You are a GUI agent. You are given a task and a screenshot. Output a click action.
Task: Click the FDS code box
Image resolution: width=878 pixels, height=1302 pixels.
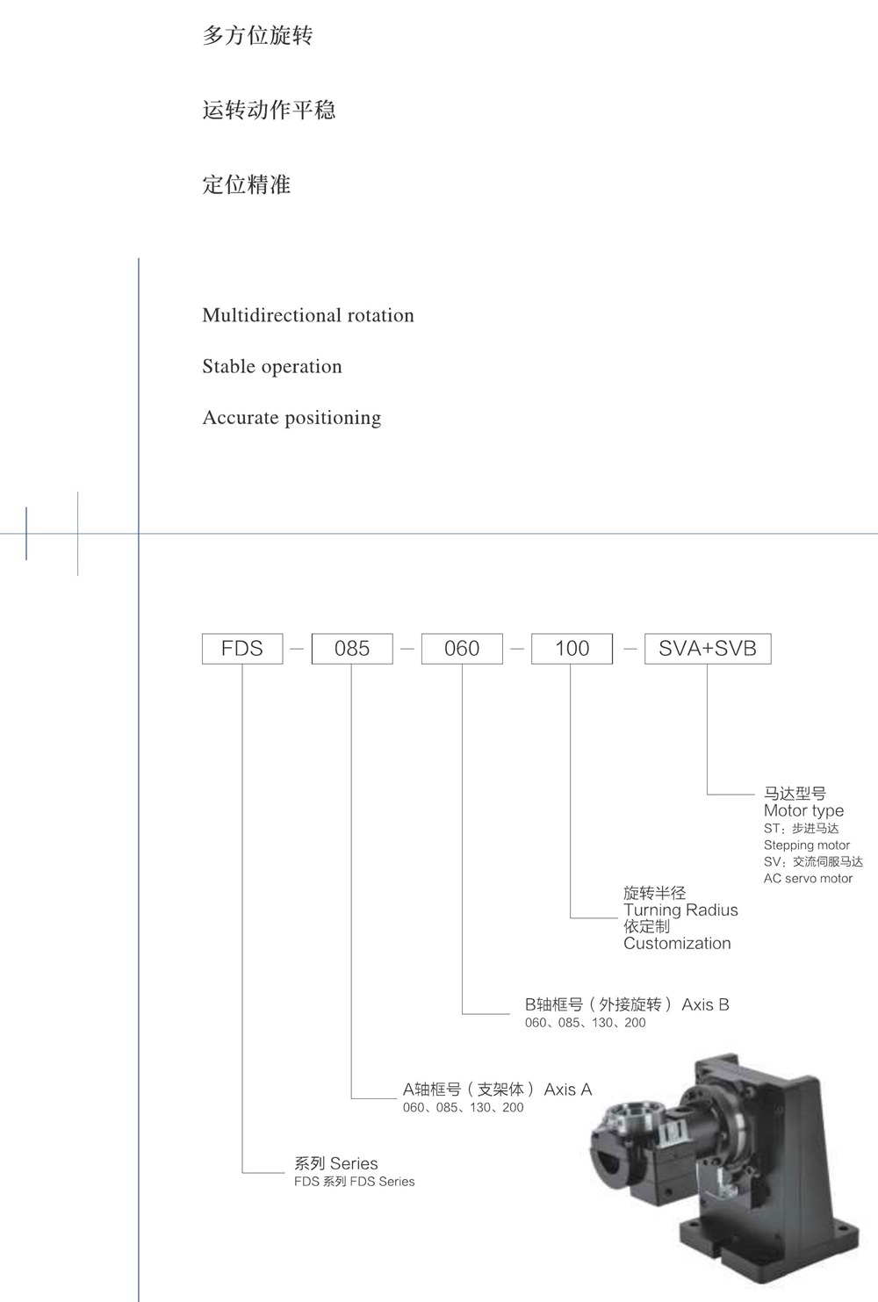[242, 649]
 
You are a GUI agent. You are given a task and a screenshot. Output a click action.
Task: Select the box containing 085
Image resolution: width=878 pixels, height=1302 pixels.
[352, 649]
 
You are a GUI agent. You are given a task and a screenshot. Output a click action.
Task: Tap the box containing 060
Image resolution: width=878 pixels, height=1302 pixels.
[462, 649]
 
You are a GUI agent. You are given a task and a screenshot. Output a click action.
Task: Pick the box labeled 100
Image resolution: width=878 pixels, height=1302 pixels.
[572, 649]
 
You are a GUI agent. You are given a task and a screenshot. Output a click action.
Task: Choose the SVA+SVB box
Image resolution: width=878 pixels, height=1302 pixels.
[708, 649]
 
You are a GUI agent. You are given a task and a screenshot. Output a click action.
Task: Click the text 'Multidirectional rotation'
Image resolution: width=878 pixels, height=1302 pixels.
[308, 315]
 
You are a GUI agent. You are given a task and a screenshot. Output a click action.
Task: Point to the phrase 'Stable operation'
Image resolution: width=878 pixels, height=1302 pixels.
[272, 366]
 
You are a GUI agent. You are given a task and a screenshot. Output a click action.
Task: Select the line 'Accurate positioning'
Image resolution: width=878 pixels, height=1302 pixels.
[291, 417]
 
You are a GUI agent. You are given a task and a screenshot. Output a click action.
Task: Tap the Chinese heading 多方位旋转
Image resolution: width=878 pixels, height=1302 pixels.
[257, 36]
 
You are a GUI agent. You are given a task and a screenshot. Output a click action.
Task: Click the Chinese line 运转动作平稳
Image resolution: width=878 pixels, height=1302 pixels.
[269, 110]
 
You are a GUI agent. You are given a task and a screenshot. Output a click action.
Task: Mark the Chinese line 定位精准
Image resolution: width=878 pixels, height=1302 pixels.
[246, 184]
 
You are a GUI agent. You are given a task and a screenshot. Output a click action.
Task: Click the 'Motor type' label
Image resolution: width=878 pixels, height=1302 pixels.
[803, 810]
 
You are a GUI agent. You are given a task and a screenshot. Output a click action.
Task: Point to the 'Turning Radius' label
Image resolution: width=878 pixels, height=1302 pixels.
[680, 910]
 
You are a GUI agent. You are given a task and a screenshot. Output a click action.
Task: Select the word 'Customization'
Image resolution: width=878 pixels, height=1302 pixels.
[677, 943]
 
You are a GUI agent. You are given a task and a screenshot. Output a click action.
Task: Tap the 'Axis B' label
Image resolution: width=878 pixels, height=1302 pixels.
[705, 1004]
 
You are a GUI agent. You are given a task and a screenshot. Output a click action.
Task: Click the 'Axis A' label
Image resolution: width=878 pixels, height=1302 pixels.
[568, 1090]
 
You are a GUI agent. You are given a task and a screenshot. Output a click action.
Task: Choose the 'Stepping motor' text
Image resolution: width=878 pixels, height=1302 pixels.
[807, 845]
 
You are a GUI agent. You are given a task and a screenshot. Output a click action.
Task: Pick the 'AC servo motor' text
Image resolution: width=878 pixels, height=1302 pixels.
[808, 878]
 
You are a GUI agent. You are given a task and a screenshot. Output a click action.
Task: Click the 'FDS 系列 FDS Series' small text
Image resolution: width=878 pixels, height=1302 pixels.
[355, 1182]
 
